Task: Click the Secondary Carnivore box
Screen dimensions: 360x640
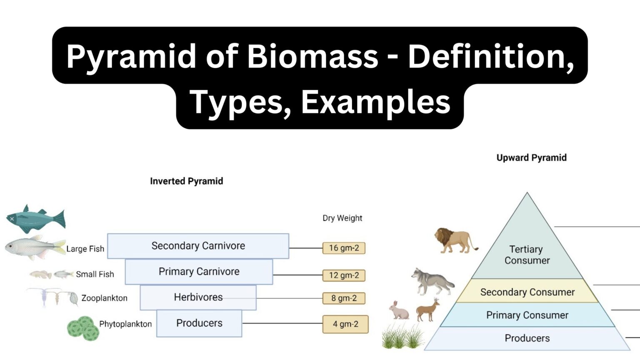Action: pyautogui.click(x=198, y=246)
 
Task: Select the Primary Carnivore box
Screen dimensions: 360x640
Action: pyautogui.click(x=199, y=272)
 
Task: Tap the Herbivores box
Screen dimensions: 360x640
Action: pyautogui.click(x=198, y=297)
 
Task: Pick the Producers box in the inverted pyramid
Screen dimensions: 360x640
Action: pyautogui.click(x=199, y=323)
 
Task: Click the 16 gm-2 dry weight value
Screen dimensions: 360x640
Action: pyautogui.click(x=344, y=248)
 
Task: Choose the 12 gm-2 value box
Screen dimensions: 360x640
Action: pyautogui.click(x=344, y=275)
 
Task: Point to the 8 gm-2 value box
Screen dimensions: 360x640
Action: pyautogui.click(x=344, y=298)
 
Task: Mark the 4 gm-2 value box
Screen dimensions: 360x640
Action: pyautogui.click(x=345, y=324)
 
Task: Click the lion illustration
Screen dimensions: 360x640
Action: pyautogui.click(x=455, y=240)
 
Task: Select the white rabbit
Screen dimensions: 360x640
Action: pyautogui.click(x=399, y=310)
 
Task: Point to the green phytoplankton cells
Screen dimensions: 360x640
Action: pyautogui.click(x=83, y=328)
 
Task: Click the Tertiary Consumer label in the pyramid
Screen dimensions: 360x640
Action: pyautogui.click(x=527, y=255)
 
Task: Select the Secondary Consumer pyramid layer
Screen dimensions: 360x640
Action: pyautogui.click(x=527, y=292)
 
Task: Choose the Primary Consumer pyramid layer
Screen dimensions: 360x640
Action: pyautogui.click(x=527, y=315)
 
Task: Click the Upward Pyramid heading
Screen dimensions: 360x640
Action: pyautogui.click(x=531, y=158)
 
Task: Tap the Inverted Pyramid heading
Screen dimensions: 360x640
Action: pyautogui.click(x=186, y=181)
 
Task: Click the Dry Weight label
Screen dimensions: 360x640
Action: pyautogui.click(x=342, y=218)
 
